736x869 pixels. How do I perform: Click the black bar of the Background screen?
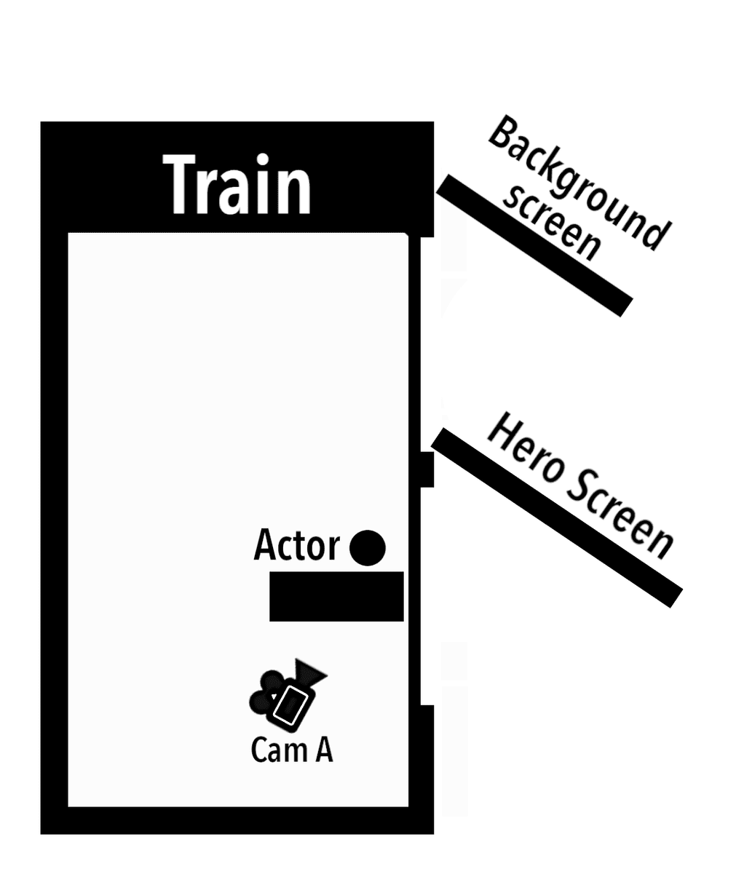click(x=534, y=245)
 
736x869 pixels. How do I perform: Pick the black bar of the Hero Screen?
click(x=557, y=517)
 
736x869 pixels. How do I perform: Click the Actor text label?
click(x=296, y=545)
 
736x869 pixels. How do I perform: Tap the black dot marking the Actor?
click(x=367, y=547)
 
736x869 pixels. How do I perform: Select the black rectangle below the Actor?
click(x=336, y=596)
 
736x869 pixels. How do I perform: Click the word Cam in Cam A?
click(x=276, y=750)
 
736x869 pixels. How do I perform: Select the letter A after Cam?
click(x=323, y=750)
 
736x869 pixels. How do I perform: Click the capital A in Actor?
click(x=264, y=545)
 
